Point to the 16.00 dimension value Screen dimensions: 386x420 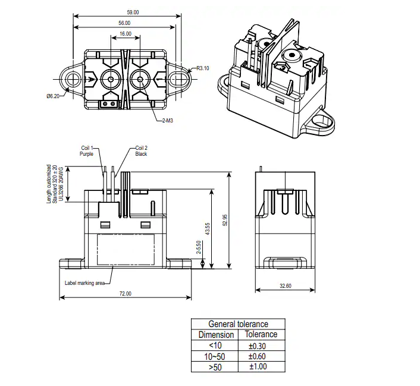tap(125, 34)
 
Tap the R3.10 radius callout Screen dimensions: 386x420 tap(203, 68)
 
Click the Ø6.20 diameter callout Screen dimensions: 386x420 tap(54, 96)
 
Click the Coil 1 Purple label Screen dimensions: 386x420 tap(87, 150)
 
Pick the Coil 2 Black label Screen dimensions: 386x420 tap(141, 150)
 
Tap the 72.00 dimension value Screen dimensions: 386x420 tap(125, 294)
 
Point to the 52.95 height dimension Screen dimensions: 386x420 tap(225, 220)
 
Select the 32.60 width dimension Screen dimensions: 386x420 tap(286, 287)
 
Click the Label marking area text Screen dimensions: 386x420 tap(84, 283)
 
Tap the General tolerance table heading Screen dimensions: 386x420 tap(238, 324)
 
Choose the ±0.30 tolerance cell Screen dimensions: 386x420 tap(261, 346)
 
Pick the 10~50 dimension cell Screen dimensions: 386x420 tap(215, 356)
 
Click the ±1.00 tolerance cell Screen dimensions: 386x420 tap(261, 367)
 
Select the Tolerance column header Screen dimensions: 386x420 tap(261, 334)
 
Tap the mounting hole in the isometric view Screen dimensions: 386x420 tap(325, 124)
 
